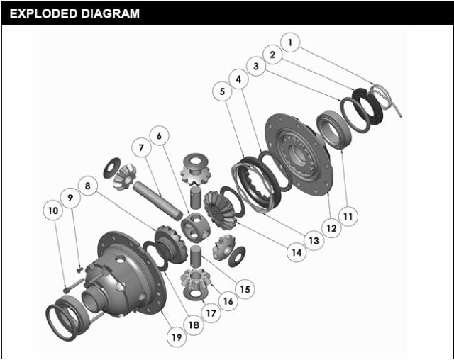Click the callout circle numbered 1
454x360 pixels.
[x=290, y=43]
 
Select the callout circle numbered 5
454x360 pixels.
[x=222, y=91]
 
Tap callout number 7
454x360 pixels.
[x=141, y=148]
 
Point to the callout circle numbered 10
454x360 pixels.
[x=53, y=210]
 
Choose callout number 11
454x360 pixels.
[x=348, y=216]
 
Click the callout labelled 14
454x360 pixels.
[x=297, y=252]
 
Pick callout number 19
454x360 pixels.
[x=177, y=337]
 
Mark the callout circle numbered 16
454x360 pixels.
[x=228, y=301]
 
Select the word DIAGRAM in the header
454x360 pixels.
[x=111, y=13]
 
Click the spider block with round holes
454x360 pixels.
[x=195, y=227]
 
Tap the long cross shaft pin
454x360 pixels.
[x=157, y=199]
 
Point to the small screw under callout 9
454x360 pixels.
[x=80, y=270]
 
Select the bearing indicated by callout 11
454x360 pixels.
[x=334, y=130]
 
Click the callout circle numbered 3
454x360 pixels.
[x=256, y=66]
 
